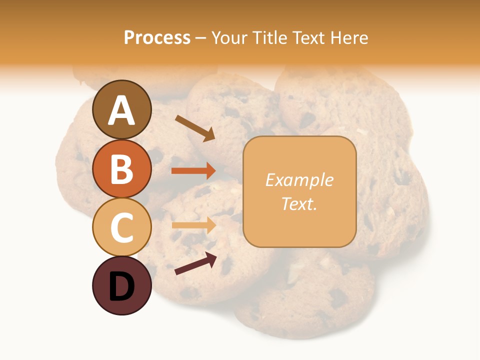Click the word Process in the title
click(157, 38)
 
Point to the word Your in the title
click(229, 38)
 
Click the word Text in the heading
click(308, 38)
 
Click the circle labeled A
click(121, 109)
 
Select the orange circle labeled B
click(121, 168)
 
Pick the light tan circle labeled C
click(121, 227)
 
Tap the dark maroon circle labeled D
click(121, 286)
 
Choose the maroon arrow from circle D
click(195, 263)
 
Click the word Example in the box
click(299, 180)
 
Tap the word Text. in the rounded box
click(299, 204)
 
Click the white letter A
click(121, 110)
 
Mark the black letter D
click(121, 287)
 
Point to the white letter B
click(121, 169)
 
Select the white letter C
click(121, 228)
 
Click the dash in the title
click(201, 38)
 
